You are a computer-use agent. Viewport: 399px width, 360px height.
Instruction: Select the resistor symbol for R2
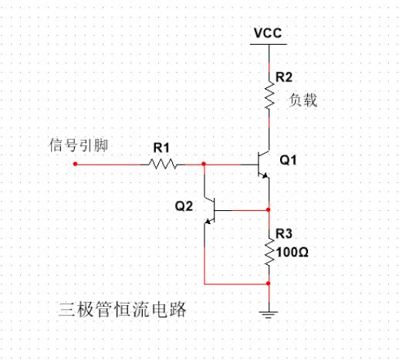[x=268, y=97]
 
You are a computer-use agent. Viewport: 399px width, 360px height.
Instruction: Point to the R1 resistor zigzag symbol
[x=163, y=164]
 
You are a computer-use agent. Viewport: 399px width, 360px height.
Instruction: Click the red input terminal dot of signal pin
[x=75, y=164]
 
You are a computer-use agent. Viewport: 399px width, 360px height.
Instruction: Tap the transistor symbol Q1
[x=261, y=165]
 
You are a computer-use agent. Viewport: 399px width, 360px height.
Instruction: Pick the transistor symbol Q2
[x=210, y=210]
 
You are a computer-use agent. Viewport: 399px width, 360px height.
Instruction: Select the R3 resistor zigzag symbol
[x=268, y=251]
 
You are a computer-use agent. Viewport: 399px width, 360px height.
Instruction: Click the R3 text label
[x=283, y=234]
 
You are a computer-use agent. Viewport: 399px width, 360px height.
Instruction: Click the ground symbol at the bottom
[x=268, y=313]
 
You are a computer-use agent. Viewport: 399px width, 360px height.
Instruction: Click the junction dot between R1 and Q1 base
[x=203, y=164]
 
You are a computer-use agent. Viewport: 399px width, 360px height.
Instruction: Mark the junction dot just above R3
[x=268, y=210]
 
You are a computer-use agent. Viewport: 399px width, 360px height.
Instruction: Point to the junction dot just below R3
[x=268, y=284]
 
